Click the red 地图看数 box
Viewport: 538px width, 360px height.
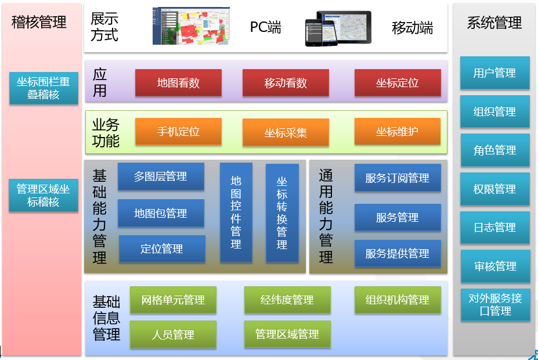click(x=178, y=82)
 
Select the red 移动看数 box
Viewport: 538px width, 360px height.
click(x=286, y=82)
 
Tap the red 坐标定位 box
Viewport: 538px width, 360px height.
click(x=398, y=82)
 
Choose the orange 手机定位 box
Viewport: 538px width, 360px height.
click(x=178, y=131)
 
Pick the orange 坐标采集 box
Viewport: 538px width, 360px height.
click(x=286, y=132)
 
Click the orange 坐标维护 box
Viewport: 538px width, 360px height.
click(x=398, y=131)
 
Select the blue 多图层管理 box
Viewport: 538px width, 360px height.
click(x=161, y=177)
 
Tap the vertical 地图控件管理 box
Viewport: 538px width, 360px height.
click(x=236, y=213)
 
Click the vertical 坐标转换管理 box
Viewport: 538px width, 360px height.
click(x=282, y=213)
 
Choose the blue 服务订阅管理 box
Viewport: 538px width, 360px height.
click(x=398, y=178)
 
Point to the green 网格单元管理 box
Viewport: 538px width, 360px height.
click(x=173, y=300)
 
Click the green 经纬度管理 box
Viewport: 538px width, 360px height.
click(x=287, y=300)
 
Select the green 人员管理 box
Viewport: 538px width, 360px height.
click(x=173, y=334)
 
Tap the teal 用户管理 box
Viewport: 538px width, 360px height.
click(x=495, y=73)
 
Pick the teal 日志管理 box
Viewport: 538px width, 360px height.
click(x=495, y=227)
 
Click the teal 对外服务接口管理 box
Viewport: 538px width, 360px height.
click(x=495, y=305)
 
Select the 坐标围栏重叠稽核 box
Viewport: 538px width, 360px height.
click(x=44, y=88)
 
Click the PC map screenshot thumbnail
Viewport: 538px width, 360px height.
click(x=191, y=26)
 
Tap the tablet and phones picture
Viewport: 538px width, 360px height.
click(x=338, y=28)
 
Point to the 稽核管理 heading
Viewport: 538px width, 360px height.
click(x=39, y=22)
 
